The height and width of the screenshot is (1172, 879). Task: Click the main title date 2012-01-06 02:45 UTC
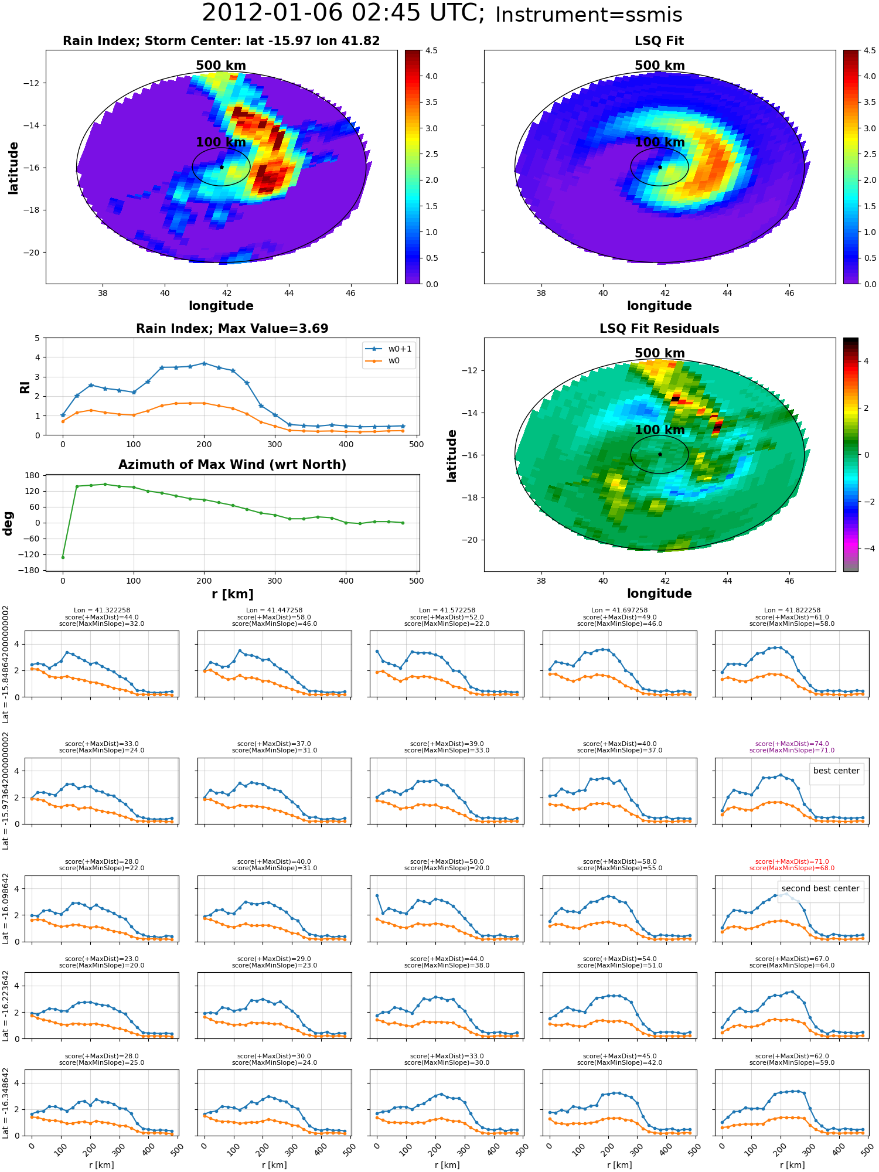343,13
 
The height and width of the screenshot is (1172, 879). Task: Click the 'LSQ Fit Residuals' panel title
659,329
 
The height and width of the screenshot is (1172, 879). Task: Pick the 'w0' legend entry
394,360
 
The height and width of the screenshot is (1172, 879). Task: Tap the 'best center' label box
836,771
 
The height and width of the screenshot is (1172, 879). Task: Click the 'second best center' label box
820,888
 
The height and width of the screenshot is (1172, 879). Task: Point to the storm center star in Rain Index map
222,167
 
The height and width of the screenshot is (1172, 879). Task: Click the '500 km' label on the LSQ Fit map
659,66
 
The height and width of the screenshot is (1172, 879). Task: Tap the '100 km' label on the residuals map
659,430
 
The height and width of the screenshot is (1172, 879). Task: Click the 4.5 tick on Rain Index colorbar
431,51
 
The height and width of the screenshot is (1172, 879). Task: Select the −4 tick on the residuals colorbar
866,548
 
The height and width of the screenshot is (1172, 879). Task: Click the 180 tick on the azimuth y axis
33,475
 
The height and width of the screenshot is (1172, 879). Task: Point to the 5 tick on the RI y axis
37,338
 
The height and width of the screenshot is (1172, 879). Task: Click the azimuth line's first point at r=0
63,557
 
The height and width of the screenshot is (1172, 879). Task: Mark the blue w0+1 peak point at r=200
204,363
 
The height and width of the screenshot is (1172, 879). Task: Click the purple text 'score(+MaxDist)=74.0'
792,744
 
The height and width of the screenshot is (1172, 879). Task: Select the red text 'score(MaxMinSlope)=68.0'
792,868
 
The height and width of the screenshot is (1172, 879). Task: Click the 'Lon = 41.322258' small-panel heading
101,610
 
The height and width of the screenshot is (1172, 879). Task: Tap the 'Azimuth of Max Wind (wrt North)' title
232,465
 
